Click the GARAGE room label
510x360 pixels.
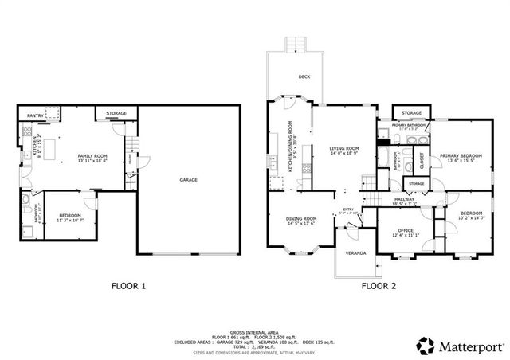point(189,180)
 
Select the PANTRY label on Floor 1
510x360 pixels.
point(36,116)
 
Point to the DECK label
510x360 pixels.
point(304,77)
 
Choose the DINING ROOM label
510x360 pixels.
point(302,220)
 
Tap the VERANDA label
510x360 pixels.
point(355,253)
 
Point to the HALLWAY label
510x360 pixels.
point(406,202)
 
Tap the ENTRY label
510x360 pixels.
point(348,211)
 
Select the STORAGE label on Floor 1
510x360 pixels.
point(116,114)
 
